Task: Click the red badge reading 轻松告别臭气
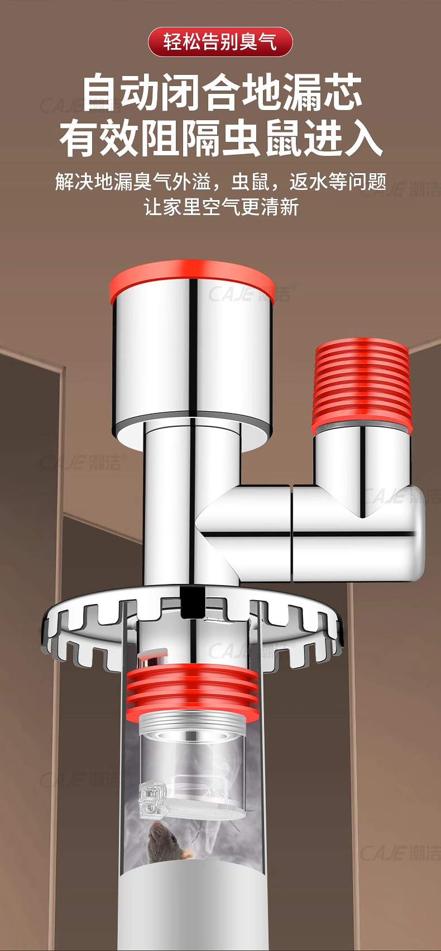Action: (220, 42)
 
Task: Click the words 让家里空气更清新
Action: (221, 207)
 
